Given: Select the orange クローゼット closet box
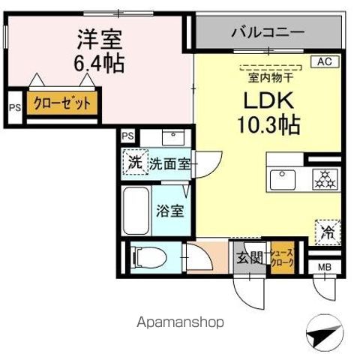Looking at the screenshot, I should pos(62,103).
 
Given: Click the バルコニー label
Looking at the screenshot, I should pos(267,32).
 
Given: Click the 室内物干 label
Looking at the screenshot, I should pos(267,75).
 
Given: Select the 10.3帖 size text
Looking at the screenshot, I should pos(269,124).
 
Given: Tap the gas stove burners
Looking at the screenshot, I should pos(325,179).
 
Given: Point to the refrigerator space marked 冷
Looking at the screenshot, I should pos(328,232).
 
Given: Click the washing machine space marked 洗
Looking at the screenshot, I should pos(133,162).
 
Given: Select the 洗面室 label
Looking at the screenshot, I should pos(168,163).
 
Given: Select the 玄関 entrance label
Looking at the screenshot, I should pos(251,259).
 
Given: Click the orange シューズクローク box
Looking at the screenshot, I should pos(283,259).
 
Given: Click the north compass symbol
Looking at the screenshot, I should pos(324,333).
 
